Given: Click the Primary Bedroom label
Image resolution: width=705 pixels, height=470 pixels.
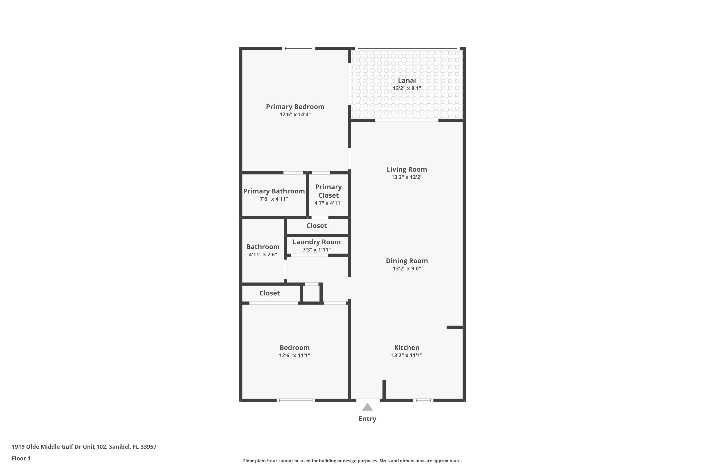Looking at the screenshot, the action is (295, 107).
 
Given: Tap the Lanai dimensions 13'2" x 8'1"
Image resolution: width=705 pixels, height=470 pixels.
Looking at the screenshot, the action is (407, 88).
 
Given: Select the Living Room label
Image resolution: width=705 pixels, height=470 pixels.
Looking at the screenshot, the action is (407, 169).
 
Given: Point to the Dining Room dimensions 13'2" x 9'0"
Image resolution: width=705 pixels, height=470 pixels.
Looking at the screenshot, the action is (407, 269).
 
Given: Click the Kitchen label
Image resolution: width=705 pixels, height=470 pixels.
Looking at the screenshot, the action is (407, 348).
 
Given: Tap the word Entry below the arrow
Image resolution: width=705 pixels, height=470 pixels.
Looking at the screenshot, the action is (368, 419).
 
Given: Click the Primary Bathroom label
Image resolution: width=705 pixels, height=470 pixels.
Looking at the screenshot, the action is (274, 191).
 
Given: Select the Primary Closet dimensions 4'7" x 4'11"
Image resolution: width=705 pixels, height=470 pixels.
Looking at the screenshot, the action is (329, 203).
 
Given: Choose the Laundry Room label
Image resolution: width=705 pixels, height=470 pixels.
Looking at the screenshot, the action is (317, 242).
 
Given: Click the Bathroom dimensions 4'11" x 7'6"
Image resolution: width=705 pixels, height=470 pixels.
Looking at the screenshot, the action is (263, 255).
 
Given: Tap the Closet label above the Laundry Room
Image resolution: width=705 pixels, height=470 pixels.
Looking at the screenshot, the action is (317, 226).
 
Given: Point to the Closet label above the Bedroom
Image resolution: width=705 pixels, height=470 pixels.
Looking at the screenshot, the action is (270, 293).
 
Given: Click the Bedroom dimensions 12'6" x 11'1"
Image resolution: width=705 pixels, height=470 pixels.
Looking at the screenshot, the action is (295, 356).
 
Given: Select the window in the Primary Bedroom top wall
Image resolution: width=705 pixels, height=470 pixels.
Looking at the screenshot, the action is (298, 49).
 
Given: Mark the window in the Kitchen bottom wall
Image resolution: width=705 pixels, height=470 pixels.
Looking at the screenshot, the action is (423, 400).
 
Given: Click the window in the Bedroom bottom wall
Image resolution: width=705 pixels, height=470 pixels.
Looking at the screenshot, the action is (296, 400).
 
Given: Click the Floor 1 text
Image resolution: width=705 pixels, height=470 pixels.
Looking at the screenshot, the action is (21, 458).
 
